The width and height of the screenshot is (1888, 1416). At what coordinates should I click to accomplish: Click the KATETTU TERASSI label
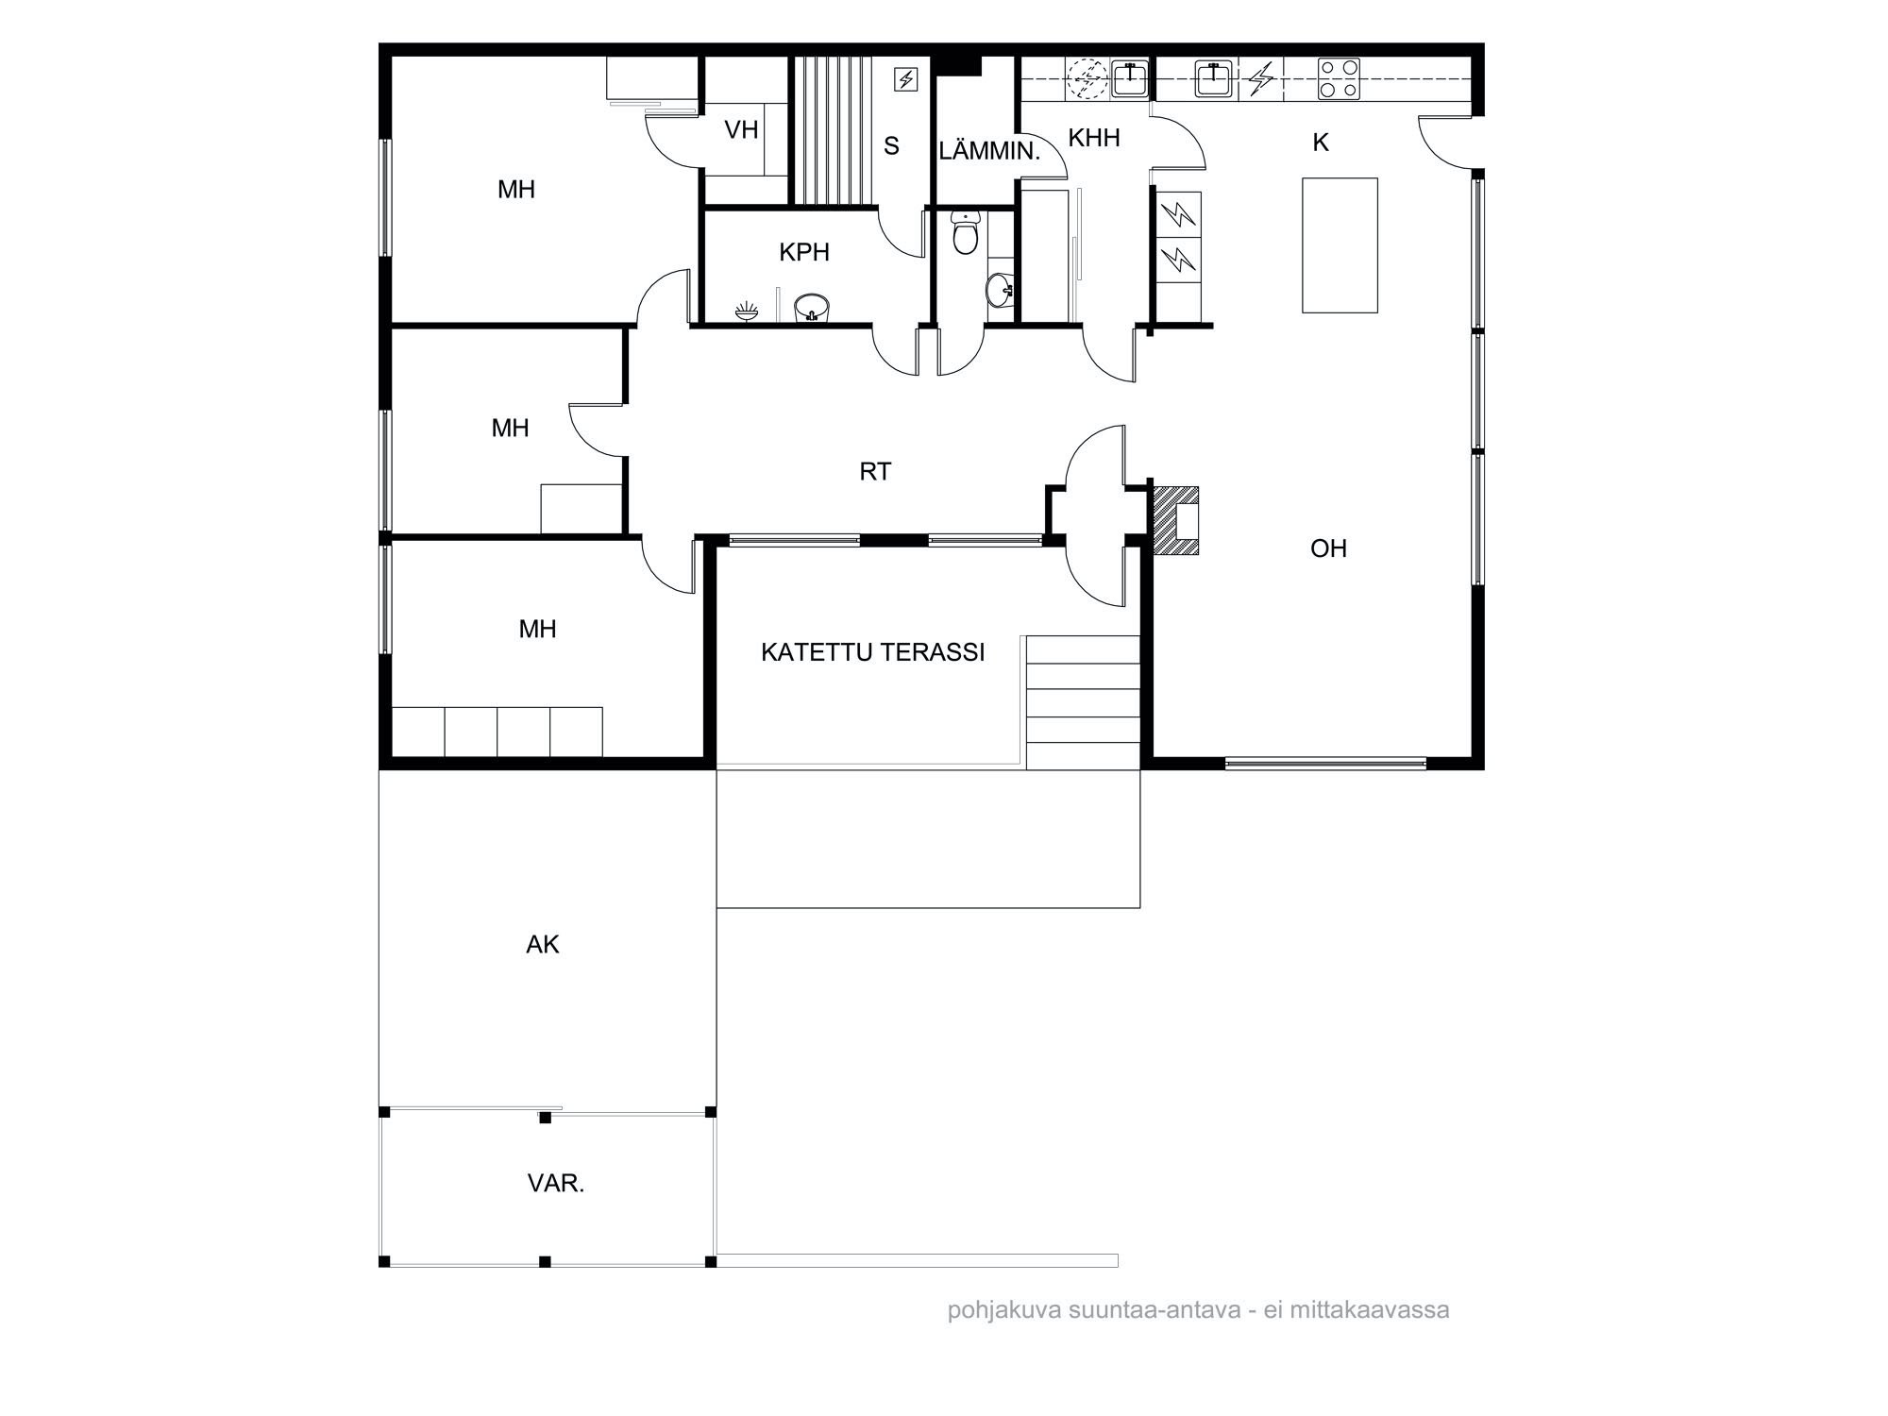[x=872, y=652]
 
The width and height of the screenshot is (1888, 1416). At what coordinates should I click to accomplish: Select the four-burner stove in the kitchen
[x=1339, y=79]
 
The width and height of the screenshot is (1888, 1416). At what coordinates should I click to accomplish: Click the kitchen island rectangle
[x=1340, y=244]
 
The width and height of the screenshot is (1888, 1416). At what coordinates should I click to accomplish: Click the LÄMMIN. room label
[x=988, y=151]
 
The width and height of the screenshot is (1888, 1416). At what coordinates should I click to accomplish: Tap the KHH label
[x=1094, y=138]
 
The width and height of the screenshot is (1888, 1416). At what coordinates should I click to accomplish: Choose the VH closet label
[x=741, y=129]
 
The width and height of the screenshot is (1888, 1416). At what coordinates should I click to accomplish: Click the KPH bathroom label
[x=804, y=252]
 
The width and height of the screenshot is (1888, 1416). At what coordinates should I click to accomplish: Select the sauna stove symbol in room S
[x=905, y=79]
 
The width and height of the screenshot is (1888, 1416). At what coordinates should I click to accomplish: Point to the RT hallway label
[x=875, y=471]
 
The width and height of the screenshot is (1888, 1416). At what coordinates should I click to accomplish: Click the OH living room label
[x=1328, y=548]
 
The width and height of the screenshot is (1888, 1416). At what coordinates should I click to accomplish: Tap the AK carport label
[x=543, y=944]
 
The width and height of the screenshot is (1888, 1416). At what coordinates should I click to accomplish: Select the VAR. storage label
[x=556, y=1184]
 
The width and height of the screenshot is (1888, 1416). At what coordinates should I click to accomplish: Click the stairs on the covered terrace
[x=1083, y=702]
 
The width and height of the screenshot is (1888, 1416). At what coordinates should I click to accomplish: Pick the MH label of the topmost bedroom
[x=516, y=190]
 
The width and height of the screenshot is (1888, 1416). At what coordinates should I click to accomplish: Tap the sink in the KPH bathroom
[x=811, y=308]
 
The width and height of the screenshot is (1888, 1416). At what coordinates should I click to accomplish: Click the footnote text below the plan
[x=1199, y=1310]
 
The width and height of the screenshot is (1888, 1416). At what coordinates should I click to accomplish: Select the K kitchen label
[x=1321, y=143]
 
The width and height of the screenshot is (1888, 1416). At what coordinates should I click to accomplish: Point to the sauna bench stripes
[x=831, y=129]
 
